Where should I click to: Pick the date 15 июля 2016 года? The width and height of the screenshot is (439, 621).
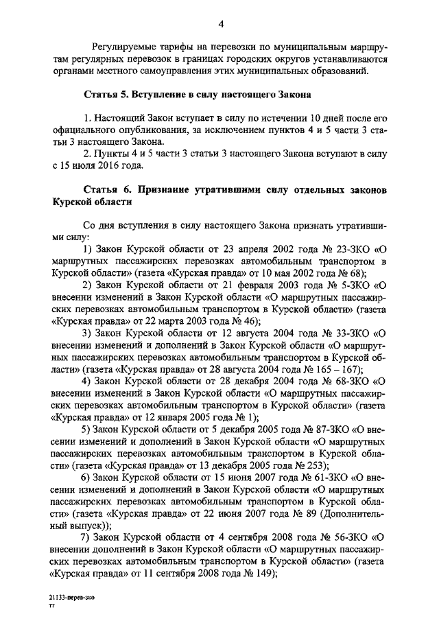coord(103,165)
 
